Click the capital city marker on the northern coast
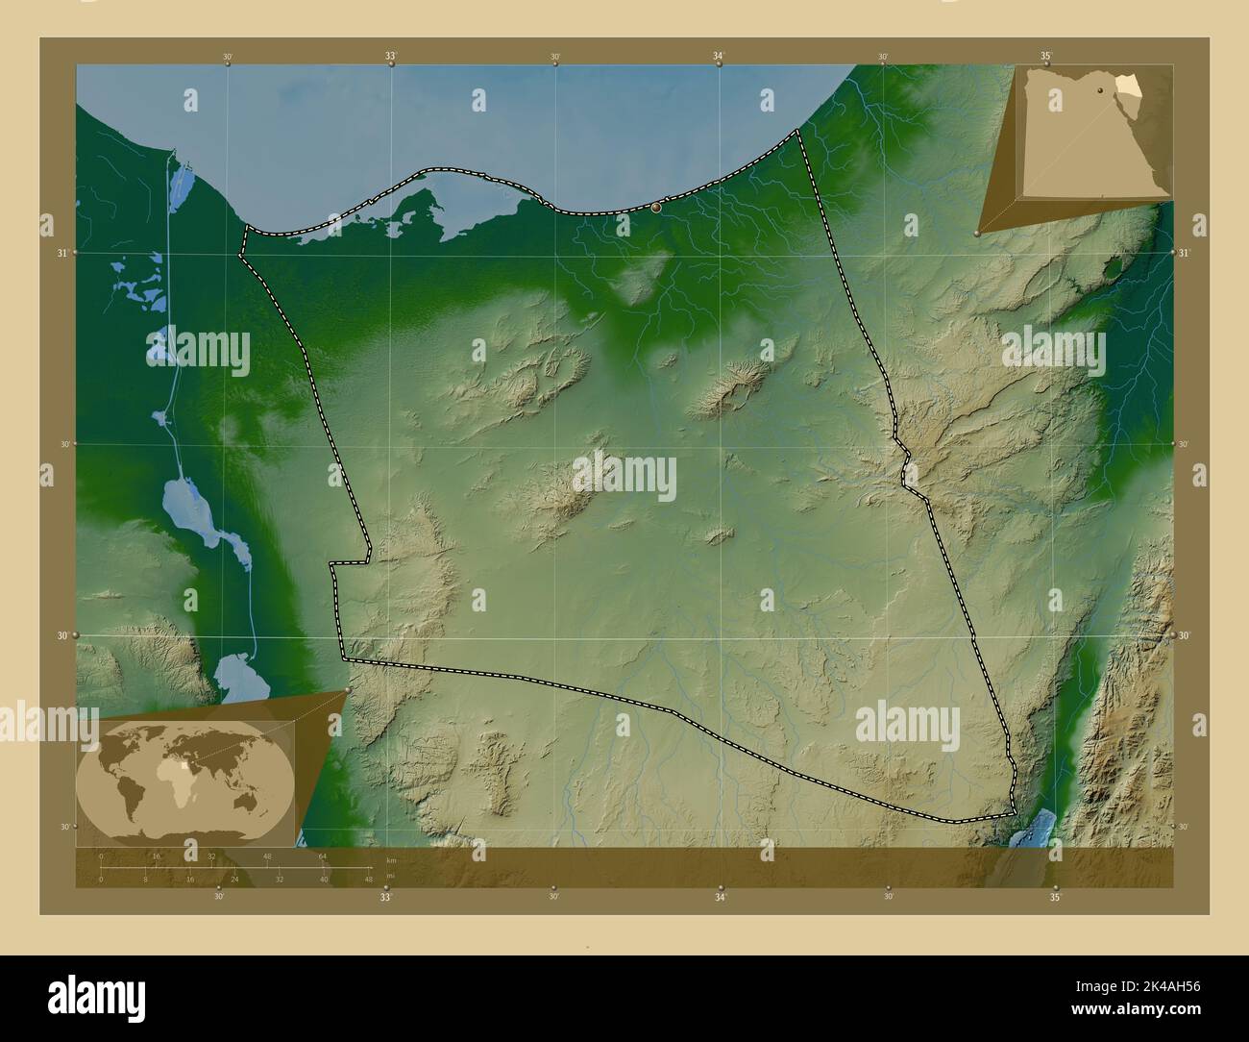656,207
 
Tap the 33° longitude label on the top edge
391,57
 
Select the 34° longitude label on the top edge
719,57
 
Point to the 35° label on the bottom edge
1055,898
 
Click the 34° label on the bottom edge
720,898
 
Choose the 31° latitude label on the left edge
61,253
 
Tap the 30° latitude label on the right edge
1184,635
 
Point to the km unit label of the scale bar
390,860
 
